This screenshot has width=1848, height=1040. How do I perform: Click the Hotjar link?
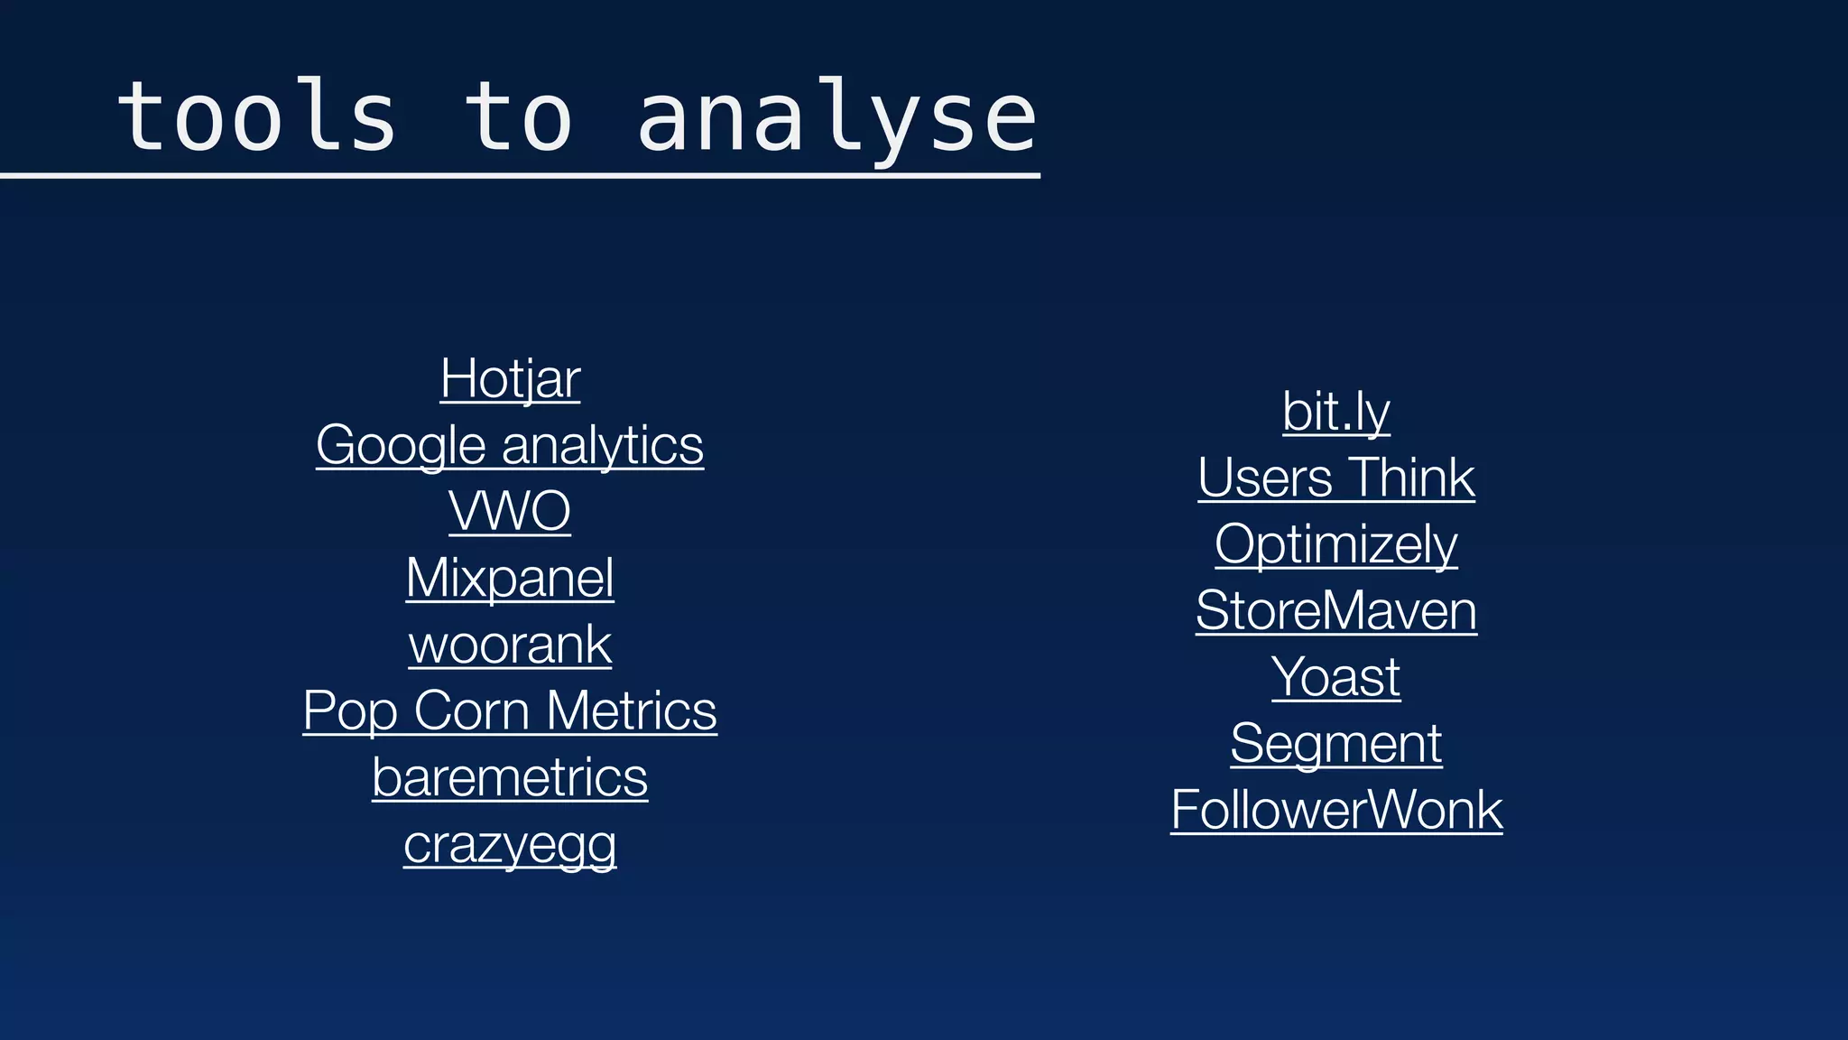510,378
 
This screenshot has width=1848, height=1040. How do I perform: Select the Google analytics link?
510,445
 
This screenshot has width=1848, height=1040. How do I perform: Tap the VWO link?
510,511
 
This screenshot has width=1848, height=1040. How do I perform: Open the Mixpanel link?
510,578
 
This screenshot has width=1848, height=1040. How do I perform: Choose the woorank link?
510,645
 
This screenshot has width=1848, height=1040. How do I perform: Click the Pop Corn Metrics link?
510,710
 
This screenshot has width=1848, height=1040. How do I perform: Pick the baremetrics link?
510,777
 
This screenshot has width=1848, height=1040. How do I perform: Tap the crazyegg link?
510,844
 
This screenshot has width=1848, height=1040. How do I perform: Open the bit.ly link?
1336,412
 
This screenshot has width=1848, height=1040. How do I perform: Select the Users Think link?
1336,478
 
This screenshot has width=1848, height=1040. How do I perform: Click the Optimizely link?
1336,544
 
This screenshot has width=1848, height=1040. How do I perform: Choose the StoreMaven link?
1336,611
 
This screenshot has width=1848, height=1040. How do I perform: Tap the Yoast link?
1336,677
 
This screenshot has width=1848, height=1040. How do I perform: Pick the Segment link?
1336,744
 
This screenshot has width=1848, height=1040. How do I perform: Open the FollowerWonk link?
1336,810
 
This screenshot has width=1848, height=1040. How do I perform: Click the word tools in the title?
257,117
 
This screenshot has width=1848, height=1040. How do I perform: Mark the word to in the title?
518,117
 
